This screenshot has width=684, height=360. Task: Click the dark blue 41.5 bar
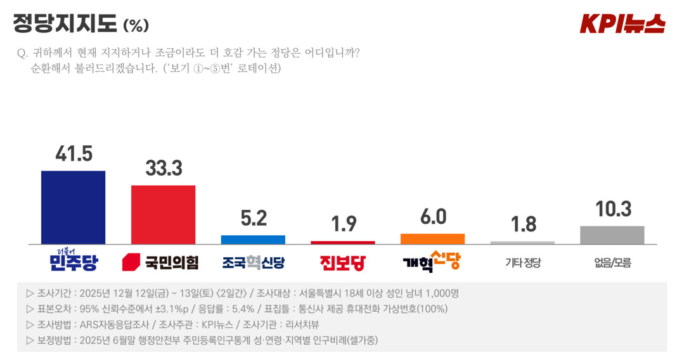[73, 207]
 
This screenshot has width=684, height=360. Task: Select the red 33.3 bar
[163, 214]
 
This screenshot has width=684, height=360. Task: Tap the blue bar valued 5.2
[253, 240]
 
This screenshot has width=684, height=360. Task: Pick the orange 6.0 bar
[432, 238]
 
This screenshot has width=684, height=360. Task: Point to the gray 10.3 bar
[612, 235]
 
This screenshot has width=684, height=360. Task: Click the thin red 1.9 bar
[342, 242]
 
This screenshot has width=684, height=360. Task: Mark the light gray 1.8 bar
[522, 242]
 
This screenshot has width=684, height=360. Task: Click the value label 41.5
[74, 154]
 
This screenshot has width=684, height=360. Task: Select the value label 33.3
[164, 168]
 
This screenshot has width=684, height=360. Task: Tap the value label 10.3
[612, 209]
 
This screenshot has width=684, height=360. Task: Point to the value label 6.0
[433, 217]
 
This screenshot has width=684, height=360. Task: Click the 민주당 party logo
[73, 260]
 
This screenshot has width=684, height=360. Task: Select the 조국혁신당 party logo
[253, 262]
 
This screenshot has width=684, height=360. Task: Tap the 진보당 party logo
[342, 262]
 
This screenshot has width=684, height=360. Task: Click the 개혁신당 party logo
[432, 262]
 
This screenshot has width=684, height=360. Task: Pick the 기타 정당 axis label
[522, 262]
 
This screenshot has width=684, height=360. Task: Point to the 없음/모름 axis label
[612, 262]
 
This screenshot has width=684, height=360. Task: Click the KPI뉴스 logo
[623, 23]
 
